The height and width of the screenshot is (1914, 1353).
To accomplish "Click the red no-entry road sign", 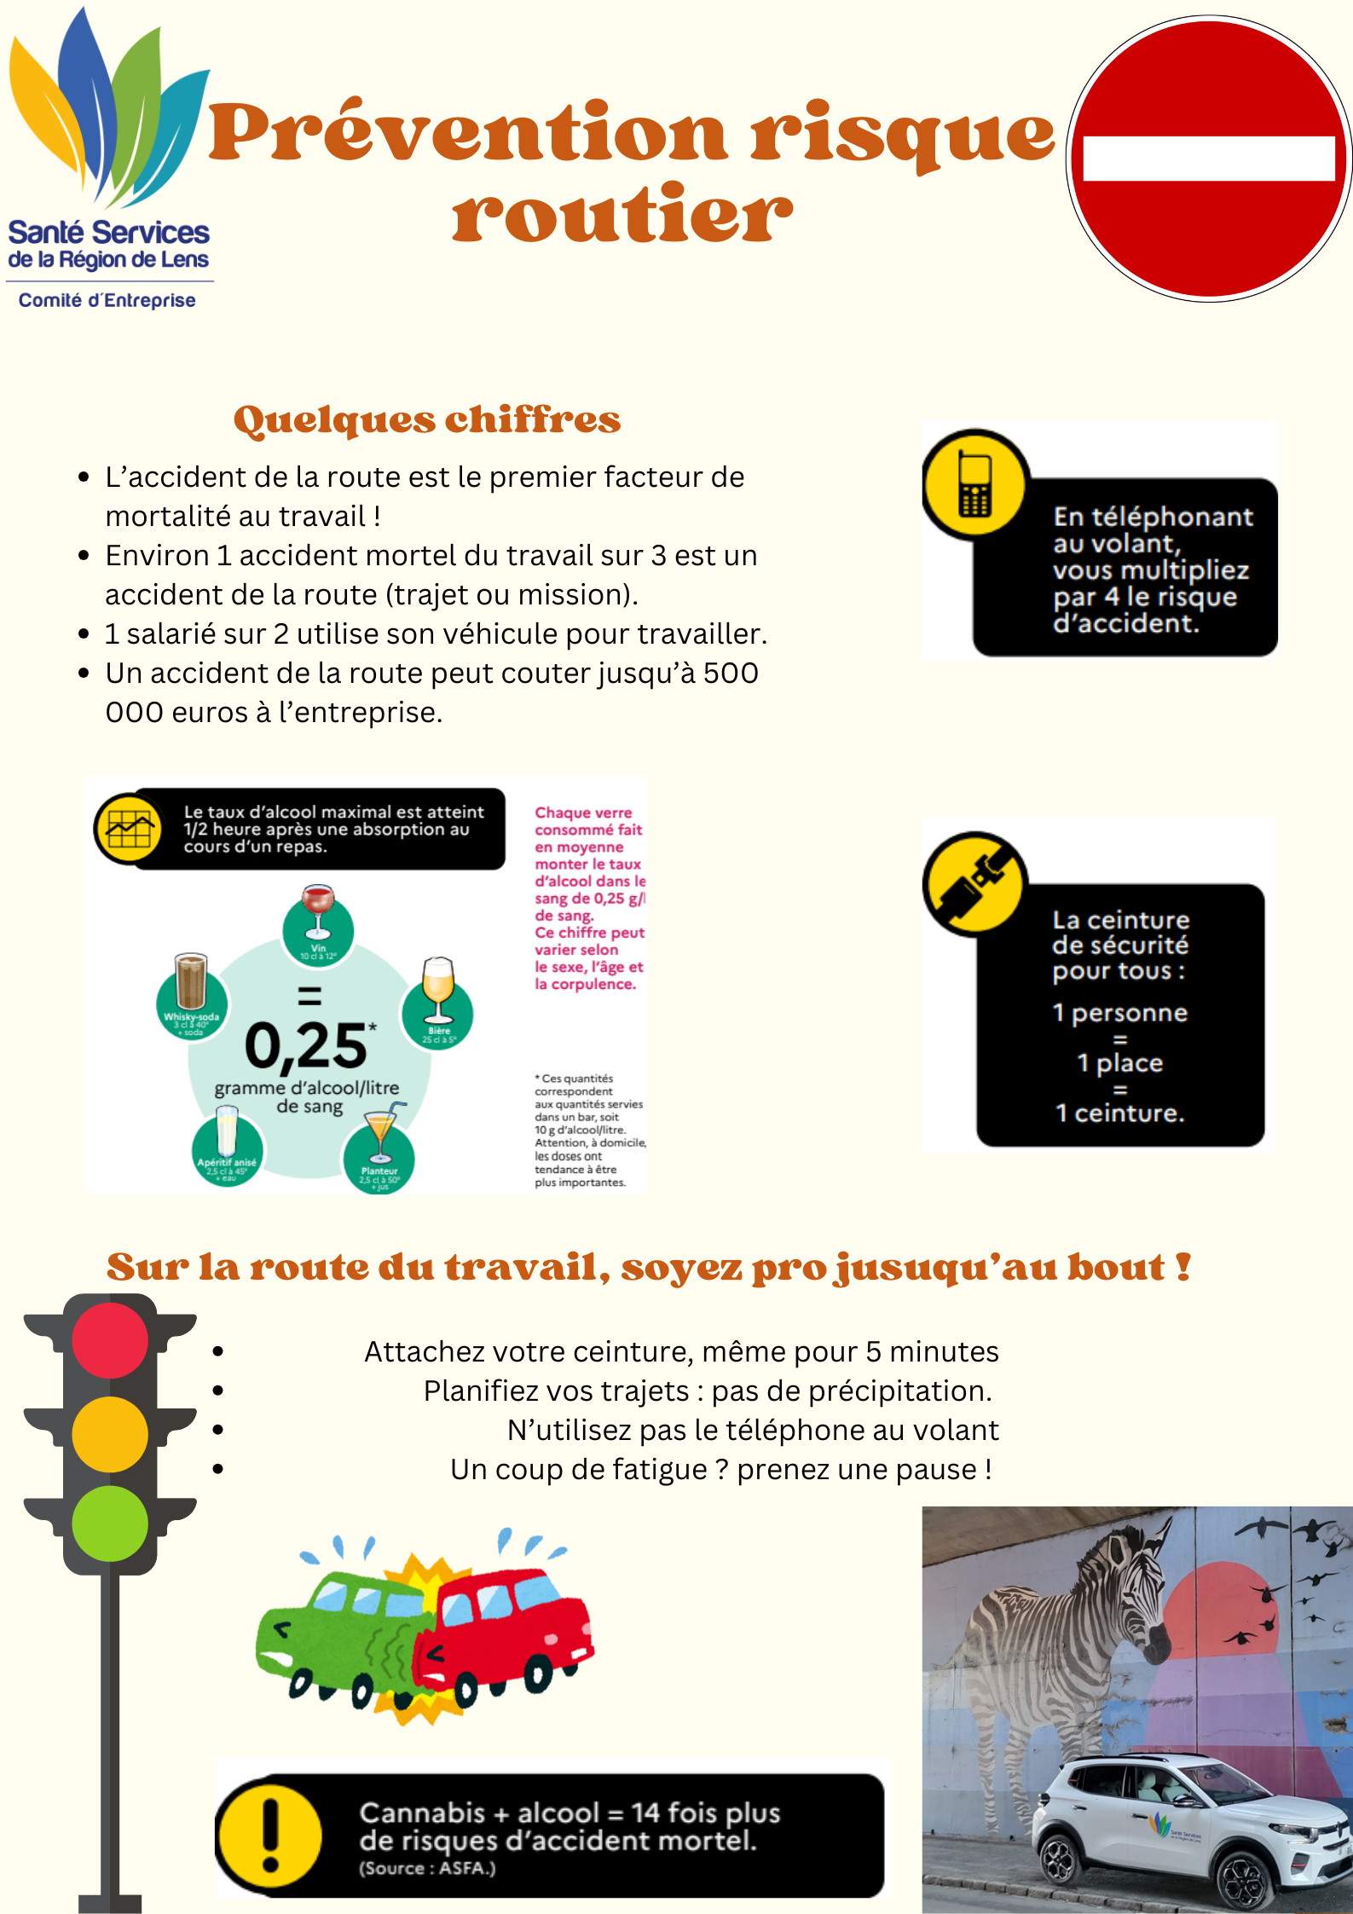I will [1209, 159].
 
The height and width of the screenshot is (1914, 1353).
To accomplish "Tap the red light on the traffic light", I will [110, 1340].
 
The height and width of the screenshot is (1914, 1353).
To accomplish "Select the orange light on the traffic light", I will [110, 1434].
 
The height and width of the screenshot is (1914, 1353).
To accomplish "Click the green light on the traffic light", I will [110, 1524].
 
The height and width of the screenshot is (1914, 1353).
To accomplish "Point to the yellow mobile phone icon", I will [974, 483].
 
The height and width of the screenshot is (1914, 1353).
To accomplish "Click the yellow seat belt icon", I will [974, 883].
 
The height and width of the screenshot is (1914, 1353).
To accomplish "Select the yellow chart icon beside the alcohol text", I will [130, 828].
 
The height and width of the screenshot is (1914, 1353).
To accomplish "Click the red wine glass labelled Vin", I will [318, 914].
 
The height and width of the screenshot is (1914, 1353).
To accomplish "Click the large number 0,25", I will [306, 1046].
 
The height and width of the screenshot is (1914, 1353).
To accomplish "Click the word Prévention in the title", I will [468, 133].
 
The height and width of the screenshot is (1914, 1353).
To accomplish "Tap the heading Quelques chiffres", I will [426, 419].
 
